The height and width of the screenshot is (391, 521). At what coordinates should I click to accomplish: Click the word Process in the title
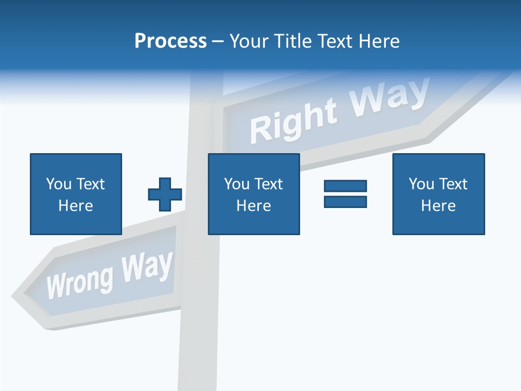click(170, 41)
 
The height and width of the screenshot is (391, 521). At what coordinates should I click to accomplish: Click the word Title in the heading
click(295, 41)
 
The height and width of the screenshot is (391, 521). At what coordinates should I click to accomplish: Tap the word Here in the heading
click(379, 41)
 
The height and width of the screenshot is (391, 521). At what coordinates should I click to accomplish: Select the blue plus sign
click(165, 194)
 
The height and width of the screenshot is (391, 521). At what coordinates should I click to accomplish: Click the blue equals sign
click(345, 194)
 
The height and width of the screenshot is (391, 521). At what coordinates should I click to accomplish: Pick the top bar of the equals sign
click(345, 186)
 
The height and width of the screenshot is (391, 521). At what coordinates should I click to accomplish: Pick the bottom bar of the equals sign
click(345, 201)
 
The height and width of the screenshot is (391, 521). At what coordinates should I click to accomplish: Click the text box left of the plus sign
click(76, 194)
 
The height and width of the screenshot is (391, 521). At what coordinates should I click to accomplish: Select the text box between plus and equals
click(253, 194)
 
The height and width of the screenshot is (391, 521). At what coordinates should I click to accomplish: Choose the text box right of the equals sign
click(439, 194)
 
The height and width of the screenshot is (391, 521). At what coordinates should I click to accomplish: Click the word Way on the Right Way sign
click(389, 98)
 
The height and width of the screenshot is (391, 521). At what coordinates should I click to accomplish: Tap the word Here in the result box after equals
click(439, 206)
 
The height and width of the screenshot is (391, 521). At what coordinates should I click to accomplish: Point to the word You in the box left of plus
click(59, 184)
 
